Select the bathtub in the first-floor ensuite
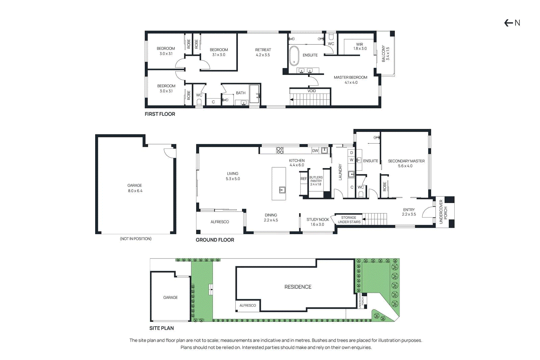tap(294, 56)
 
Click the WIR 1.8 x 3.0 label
tap(360, 47)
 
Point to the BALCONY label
tap(385, 54)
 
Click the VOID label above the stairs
tap(312, 91)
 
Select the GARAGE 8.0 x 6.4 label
tap(135, 188)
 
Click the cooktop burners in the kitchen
tap(280, 150)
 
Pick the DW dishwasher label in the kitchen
tap(315, 150)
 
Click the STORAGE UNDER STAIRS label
tap(349, 220)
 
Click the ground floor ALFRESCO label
tap(220, 222)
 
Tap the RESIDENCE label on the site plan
tap(298, 287)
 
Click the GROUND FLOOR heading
tap(215, 240)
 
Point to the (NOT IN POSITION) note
tap(136, 239)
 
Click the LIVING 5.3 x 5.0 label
tap(233, 176)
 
